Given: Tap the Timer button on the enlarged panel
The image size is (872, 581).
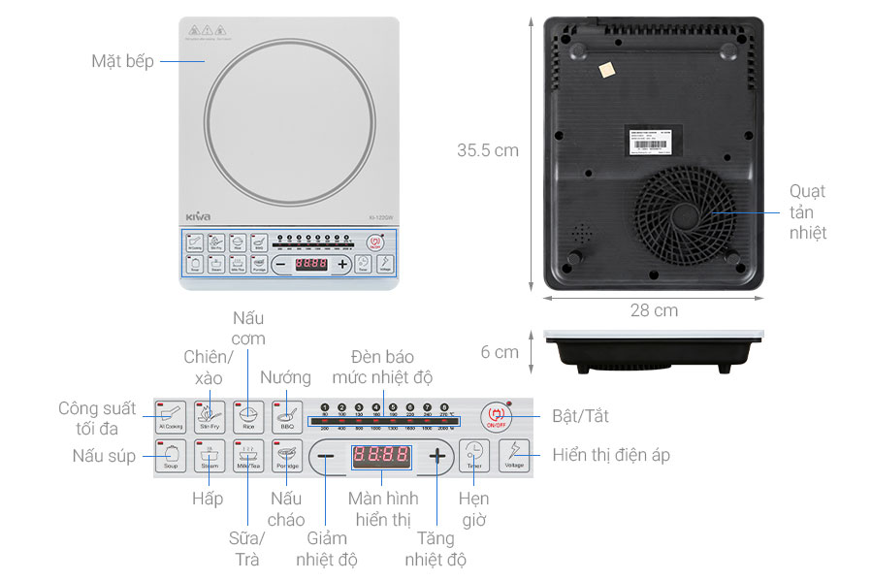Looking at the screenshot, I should click(473, 455).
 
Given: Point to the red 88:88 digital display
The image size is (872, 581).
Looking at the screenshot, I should click(380, 456).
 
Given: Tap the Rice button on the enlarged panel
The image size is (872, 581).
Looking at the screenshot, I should click(248, 416).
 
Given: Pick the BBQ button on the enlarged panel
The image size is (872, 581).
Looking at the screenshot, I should click(287, 416).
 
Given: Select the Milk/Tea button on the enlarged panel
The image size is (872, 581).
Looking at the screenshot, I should click(248, 456).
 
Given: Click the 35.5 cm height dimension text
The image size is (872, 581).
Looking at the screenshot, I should click(488, 150).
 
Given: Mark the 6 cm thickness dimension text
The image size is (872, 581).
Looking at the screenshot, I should click(500, 352).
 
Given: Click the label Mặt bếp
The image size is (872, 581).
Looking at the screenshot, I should click(122, 61).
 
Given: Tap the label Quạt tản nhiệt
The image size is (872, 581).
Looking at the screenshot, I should click(807, 211).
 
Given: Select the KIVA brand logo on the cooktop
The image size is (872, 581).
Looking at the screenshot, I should click(197, 216).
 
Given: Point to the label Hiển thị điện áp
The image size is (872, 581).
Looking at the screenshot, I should click(611, 455).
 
